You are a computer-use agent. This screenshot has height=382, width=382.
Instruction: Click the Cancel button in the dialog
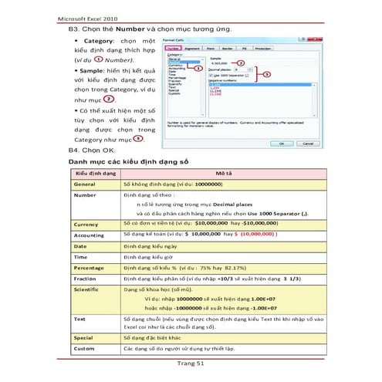pos(298,144)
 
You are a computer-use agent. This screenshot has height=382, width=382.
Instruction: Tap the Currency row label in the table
pos(86,224)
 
